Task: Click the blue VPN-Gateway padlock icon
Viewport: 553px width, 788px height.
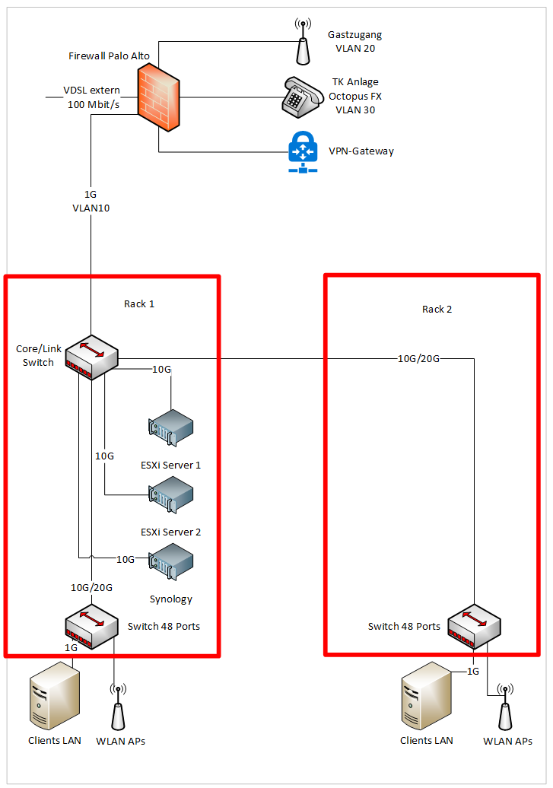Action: [302, 151]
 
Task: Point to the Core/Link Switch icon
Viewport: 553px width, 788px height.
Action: [91, 357]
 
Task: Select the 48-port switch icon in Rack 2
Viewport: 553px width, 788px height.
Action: [474, 625]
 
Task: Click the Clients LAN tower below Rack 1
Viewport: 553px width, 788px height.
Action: [54, 695]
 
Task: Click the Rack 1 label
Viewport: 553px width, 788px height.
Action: [139, 304]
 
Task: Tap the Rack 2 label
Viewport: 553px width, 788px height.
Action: [437, 310]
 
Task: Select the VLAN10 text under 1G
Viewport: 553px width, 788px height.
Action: [91, 207]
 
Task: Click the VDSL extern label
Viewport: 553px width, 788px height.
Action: [92, 91]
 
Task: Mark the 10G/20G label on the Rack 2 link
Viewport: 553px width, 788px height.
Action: [418, 358]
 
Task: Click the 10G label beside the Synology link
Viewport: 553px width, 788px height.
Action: [126, 560]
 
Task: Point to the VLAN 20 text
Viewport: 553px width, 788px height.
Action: [355, 48]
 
